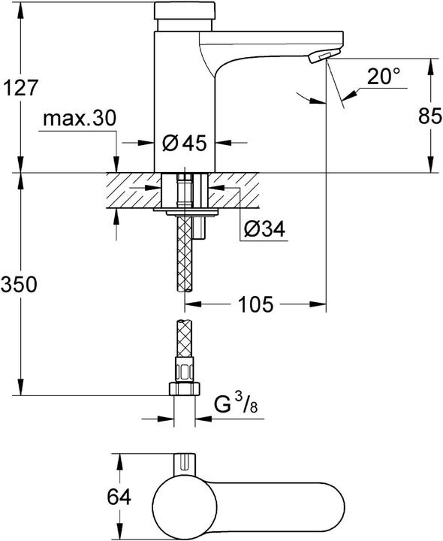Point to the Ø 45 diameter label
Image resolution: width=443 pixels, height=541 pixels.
[184, 143]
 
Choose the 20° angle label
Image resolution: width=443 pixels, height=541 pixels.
[384, 77]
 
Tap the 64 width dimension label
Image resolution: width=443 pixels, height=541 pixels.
[119, 497]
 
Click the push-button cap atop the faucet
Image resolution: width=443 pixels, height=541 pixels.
[185, 11]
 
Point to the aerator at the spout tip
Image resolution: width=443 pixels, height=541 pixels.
[324, 58]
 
